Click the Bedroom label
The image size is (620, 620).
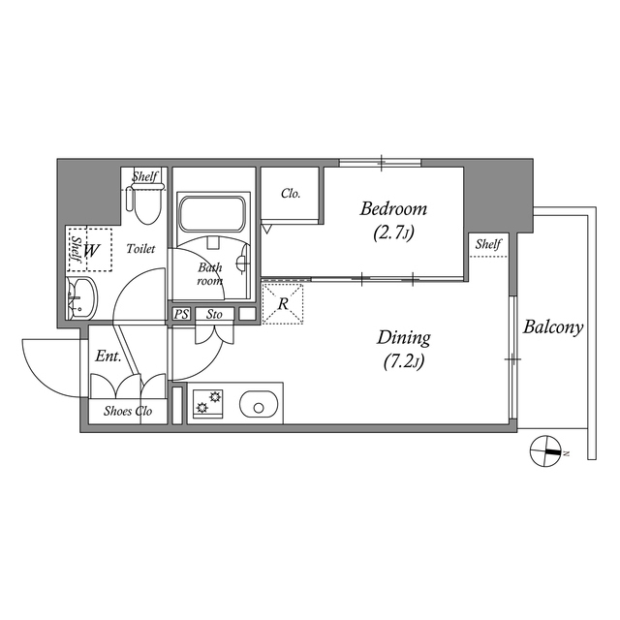pyautogui.click(x=393, y=209)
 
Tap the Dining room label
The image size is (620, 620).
pyautogui.click(x=403, y=338)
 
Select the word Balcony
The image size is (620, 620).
pyautogui.click(x=553, y=327)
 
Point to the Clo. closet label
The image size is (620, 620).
pyautogui.click(x=291, y=193)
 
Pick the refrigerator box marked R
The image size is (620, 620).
pyautogui.click(x=284, y=304)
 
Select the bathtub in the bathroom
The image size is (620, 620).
pyautogui.click(x=212, y=213)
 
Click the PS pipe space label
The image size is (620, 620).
pyautogui.click(x=181, y=314)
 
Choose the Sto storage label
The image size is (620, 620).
pyautogui.click(x=214, y=314)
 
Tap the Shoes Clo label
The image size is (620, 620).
pyautogui.click(x=128, y=411)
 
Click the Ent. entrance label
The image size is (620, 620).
pyautogui.click(x=108, y=356)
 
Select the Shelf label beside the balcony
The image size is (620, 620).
pyautogui.click(x=487, y=244)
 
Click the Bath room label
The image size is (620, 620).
pyautogui.click(x=210, y=274)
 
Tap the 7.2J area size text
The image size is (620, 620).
pyautogui.click(x=403, y=362)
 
